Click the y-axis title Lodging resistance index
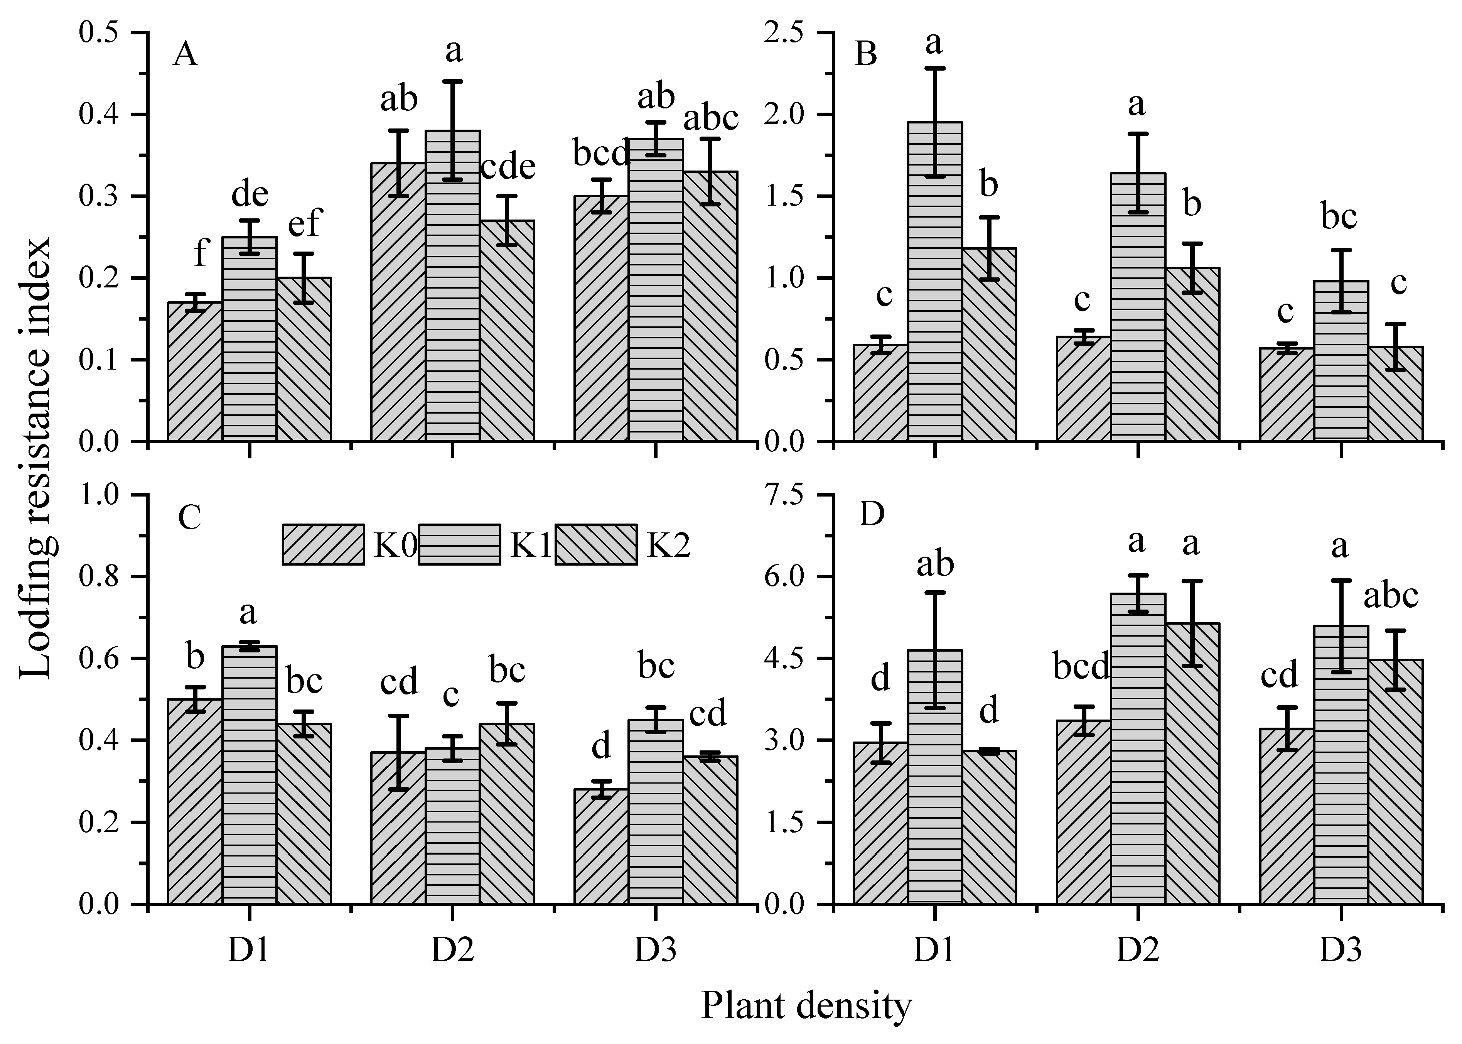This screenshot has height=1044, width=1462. click(x=35, y=458)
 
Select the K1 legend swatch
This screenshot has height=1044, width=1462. click(x=459, y=544)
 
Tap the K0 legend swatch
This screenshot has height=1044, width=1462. click(x=323, y=544)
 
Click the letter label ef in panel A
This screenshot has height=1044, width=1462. click(x=304, y=224)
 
